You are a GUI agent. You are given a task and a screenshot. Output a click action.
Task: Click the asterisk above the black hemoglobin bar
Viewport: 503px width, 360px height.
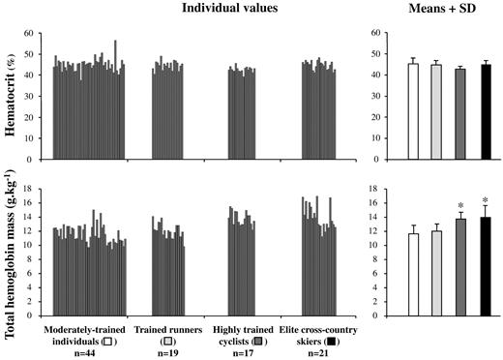(x=486, y=201)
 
